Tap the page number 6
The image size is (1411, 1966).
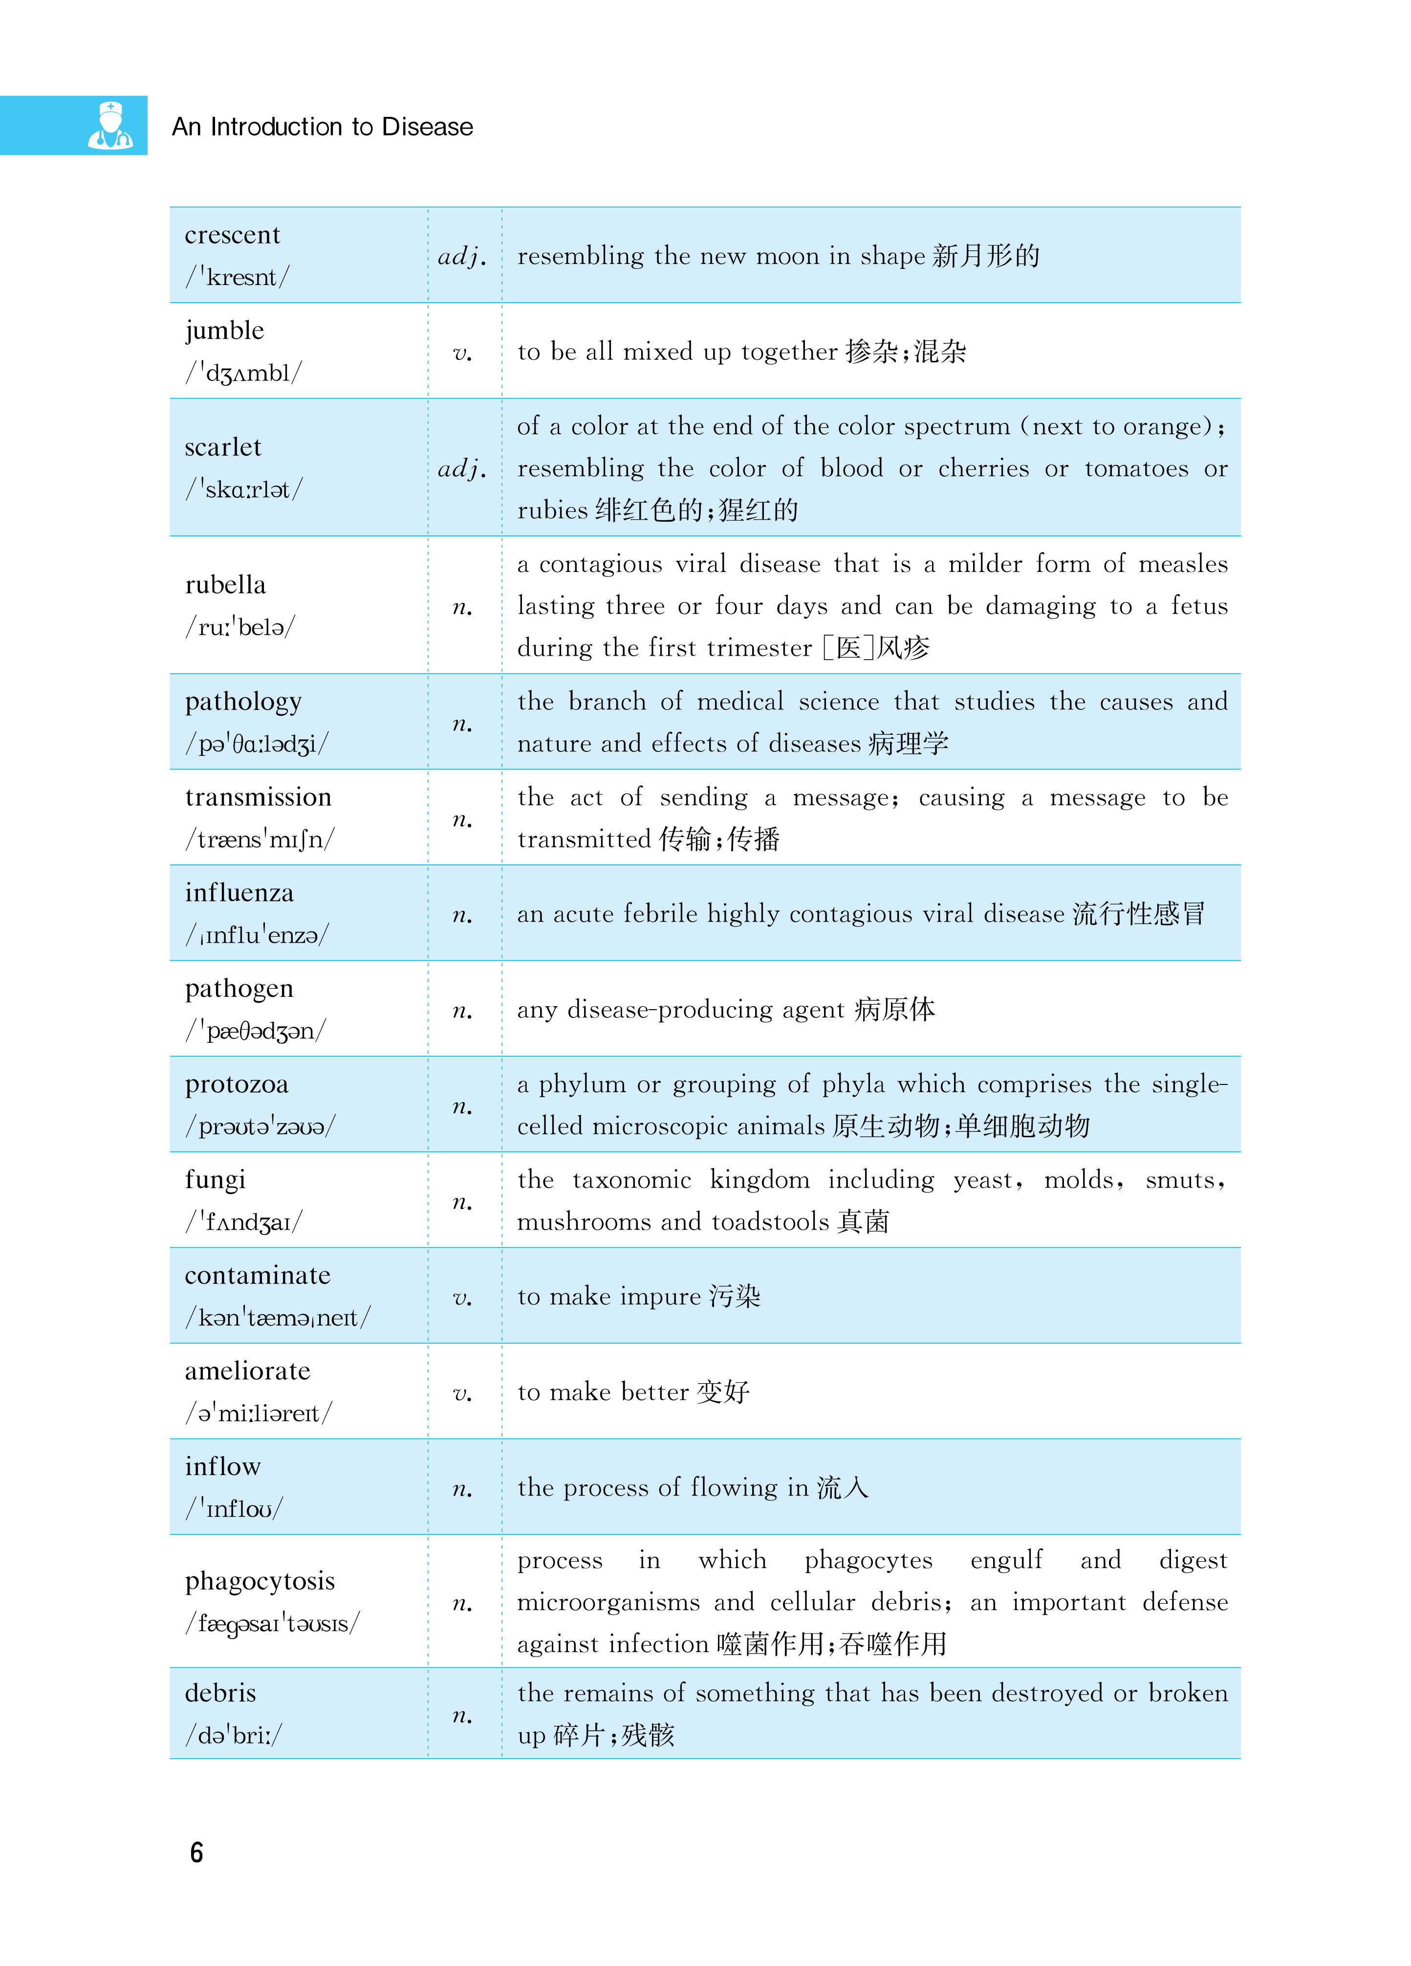tap(197, 1853)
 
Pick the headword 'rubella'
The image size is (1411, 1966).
tap(225, 585)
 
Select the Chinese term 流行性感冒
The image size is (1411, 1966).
tap(1138, 914)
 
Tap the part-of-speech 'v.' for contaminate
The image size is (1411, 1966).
tap(463, 1298)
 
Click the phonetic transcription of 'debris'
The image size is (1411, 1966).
tap(233, 1735)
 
